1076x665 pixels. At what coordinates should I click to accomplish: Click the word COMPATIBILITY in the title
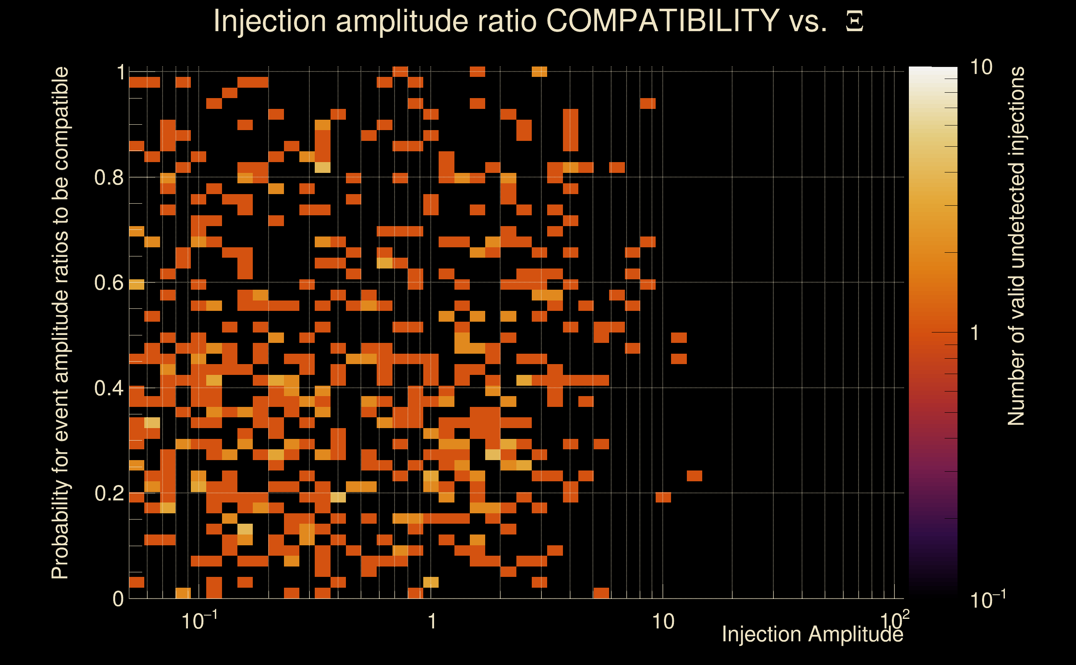662,21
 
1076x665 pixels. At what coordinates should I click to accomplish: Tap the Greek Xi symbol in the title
854,22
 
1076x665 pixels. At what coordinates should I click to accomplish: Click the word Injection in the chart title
269,21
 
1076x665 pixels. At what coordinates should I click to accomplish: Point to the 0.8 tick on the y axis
109,178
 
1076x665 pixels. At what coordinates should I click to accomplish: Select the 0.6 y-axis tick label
109,283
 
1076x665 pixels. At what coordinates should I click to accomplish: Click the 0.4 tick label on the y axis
109,388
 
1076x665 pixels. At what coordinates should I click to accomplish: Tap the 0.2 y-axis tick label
109,493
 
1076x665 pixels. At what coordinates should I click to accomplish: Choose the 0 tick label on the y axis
118,599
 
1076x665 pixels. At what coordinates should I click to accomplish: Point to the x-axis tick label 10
662,622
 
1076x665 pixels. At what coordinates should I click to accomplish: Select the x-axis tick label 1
432,622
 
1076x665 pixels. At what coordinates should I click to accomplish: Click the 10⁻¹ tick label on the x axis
199,621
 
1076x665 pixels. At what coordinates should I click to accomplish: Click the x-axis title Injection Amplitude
812,635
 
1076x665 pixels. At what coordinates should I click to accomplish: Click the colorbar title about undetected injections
1016,246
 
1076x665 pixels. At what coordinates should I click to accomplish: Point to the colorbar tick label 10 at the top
981,68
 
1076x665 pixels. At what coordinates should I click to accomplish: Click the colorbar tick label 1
975,333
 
